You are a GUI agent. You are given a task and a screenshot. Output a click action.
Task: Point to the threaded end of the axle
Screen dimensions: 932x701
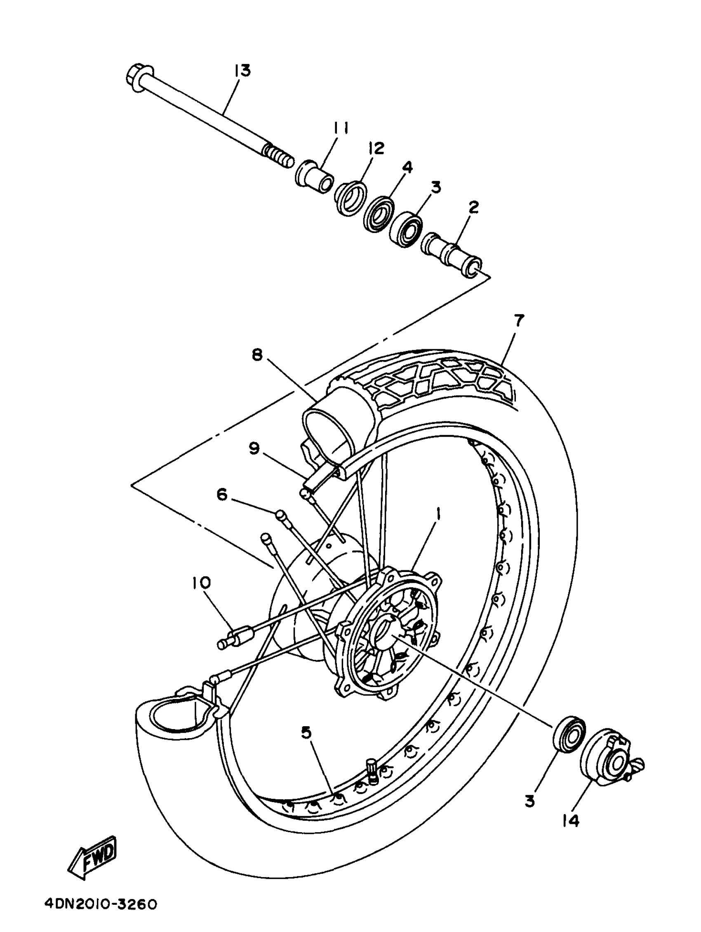click(x=278, y=155)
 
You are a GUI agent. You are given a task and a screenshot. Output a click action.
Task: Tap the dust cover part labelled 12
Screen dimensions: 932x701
click(x=350, y=198)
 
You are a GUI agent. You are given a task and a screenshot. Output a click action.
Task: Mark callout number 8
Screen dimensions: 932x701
click(x=257, y=355)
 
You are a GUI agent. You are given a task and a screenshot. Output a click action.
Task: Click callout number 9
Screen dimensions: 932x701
click(x=254, y=449)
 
